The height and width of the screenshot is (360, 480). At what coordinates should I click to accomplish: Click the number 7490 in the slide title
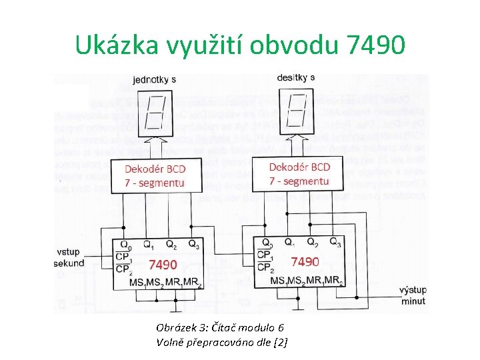point(375,45)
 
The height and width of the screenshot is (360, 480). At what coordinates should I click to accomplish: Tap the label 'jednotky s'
point(155,79)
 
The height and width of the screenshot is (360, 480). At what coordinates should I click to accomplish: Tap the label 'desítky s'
point(295,78)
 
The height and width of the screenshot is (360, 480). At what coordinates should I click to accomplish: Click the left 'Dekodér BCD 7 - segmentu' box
point(155,175)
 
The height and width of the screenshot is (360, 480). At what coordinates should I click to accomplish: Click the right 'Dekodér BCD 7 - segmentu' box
point(299,173)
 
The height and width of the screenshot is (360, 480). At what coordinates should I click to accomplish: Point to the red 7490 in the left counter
point(163,264)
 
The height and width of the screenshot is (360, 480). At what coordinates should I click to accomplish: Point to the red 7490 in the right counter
point(305,261)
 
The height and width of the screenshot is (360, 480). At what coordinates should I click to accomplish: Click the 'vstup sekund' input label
point(69,257)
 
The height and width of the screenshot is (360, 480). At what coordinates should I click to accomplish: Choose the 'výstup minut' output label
point(413,295)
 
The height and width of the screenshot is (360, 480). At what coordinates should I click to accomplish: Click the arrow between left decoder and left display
point(155,148)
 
